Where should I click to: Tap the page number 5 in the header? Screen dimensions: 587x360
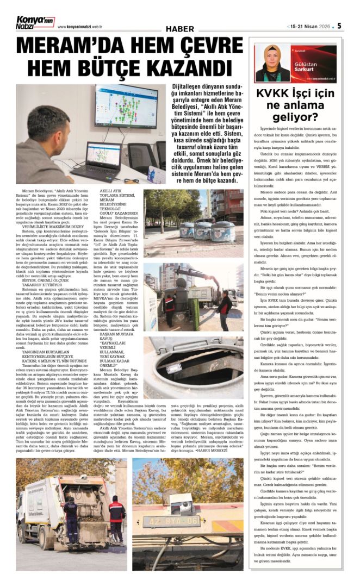point(339,26)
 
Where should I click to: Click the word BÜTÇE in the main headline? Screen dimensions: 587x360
point(100,68)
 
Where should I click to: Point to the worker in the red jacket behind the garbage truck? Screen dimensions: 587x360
point(116,519)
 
